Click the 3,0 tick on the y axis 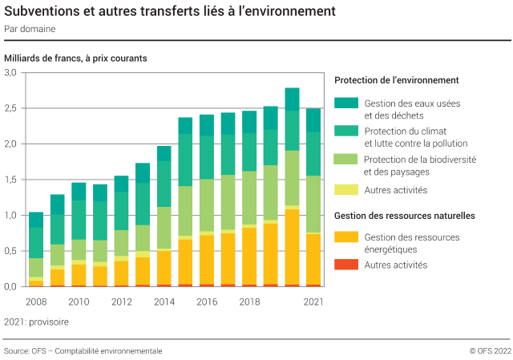tap(10, 73)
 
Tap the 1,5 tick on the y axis tap(10, 180)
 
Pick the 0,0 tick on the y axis tap(10, 286)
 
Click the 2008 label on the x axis tap(35, 301)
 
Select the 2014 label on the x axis tap(164, 301)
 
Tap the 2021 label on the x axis tap(313, 301)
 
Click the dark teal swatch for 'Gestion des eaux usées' tap(345, 103)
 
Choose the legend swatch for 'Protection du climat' tap(345, 131)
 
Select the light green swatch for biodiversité tap(345, 160)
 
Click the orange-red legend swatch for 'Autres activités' tap(345, 265)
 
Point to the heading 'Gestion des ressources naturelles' tap(404, 216)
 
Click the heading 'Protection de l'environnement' tap(396, 80)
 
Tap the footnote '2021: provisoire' tap(36, 322)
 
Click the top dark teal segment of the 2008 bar tap(35, 220)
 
